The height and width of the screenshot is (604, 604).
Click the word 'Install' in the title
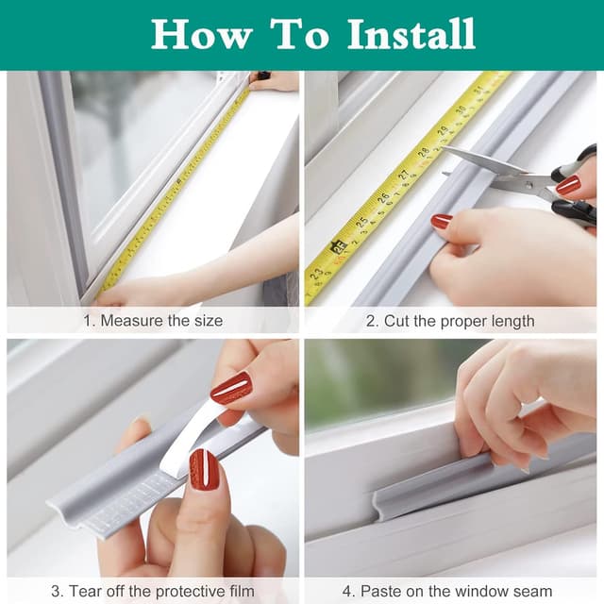[x=411, y=35]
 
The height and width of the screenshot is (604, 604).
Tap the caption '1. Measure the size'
[x=153, y=321]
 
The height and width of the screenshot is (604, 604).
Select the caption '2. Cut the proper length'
[x=450, y=321]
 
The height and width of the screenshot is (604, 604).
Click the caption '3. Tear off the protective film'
[x=153, y=592]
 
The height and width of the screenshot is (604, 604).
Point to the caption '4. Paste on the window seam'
[x=450, y=592]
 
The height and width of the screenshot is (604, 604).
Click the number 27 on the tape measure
[x=403, y=176]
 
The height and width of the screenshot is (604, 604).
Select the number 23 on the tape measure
[x=316, y=275]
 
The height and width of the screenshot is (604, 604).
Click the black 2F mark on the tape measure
[x=337, y=247]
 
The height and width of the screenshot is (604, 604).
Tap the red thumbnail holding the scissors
[x=568, y=185]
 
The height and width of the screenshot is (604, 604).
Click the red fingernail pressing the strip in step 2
[x=441, y=222]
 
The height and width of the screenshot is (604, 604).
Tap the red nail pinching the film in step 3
[x=231, y=388]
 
